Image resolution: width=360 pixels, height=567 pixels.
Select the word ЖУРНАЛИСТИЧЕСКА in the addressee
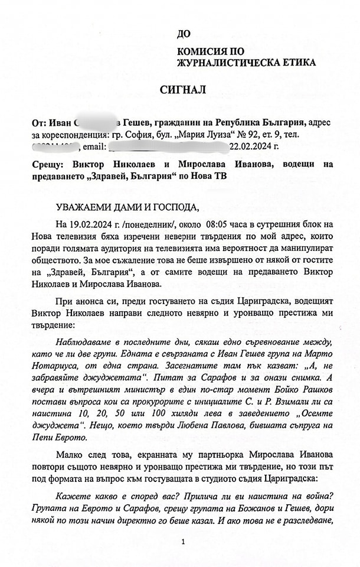pos(221,62)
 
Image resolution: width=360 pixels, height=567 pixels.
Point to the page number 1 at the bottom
pos(184,541)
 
